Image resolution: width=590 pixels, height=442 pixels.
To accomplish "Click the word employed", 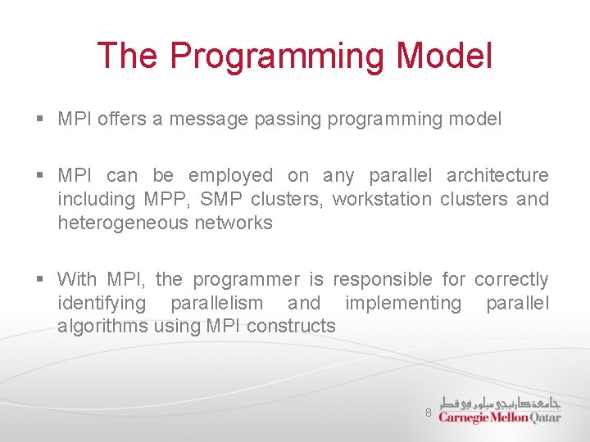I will (230, 175).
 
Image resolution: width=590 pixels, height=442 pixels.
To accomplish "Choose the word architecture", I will (497, 175).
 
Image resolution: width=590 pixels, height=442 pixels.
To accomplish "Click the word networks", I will (234, 223).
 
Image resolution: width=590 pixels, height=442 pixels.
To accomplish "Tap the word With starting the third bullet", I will (77, 280).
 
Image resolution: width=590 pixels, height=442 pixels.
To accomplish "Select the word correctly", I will (511, 280).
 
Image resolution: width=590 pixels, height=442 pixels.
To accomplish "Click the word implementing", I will (403, 303).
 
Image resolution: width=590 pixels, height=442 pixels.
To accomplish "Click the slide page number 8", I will (428, 413).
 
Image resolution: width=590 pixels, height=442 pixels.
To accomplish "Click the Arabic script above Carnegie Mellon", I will (500, 403).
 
